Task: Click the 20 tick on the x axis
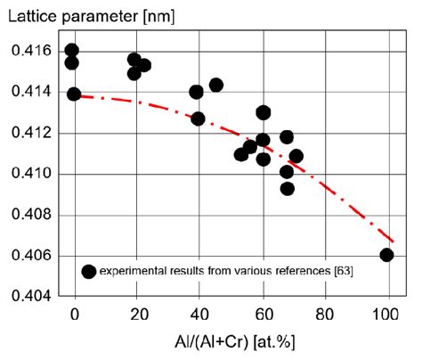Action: [x=137, y=315]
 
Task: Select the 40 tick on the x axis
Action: [x=199, y=315]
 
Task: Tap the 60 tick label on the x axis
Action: [x=262, y=315]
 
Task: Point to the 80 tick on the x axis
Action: [x=324, y=315]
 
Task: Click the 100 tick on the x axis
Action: [x=385, y=315]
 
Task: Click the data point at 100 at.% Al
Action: [x=386, y=255]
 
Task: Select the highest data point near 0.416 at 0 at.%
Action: [x=72, y=50]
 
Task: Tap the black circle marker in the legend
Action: [x=88, y=272]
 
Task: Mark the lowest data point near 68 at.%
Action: [x=287, y=188]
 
